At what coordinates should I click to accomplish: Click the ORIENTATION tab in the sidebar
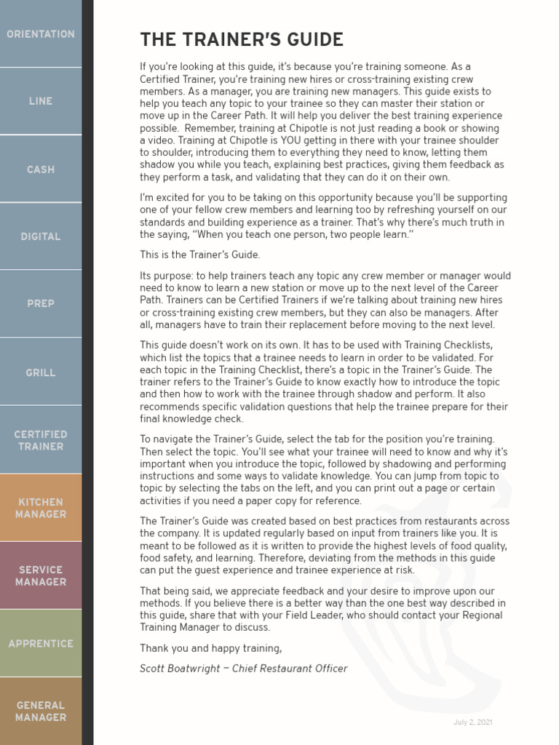coord(41,34)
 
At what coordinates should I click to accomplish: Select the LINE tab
coord(41,101)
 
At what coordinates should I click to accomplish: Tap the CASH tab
coord(41,170)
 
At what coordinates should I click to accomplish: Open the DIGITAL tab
coord(41,236)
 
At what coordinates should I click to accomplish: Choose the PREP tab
coord(41,303)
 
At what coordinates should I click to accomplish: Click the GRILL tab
coord(41,372)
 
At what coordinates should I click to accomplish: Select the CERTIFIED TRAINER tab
coord(41,440)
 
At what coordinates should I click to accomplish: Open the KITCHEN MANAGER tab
coord(41,508)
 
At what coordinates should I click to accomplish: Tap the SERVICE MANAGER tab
coord(41,575)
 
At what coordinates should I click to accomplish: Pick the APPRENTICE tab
coord(41,644)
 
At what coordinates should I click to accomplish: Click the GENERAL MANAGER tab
coord(41,711)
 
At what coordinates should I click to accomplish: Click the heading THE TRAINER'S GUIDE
coord(242,39)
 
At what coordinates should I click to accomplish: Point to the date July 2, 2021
coord(474,722)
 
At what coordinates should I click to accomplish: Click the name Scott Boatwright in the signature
coord(179,669)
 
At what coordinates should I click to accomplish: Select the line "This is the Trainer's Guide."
coord(199,255)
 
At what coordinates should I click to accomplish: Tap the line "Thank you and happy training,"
coord(210,648)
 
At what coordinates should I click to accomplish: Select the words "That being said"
coord(172,591)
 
